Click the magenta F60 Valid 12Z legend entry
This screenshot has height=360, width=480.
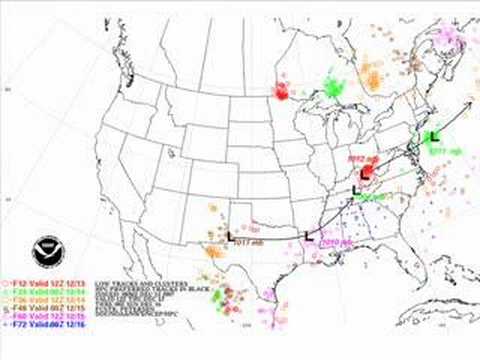tap(36, 315)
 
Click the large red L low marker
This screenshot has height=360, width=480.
tap(366, 173)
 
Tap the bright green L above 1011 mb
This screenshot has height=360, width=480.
tap(433, 136)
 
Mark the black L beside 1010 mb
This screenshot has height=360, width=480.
tap(308, 237)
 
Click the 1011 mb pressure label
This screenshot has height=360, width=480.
tap(444, 150)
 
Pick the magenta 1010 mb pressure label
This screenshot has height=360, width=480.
tap(333, 243)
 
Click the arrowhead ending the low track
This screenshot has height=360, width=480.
tap(471, 97)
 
